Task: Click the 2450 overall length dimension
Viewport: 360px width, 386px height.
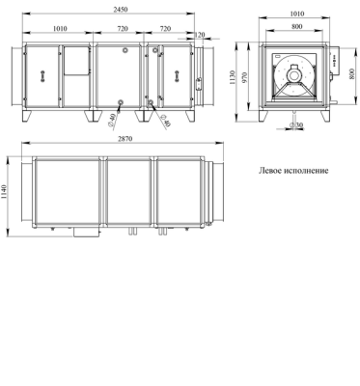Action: tap(121, 10)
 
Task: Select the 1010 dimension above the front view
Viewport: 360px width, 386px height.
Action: tap(60, 29)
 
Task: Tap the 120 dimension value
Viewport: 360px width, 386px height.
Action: tap(200, 35)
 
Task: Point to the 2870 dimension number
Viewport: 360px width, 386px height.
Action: tap(125, 139)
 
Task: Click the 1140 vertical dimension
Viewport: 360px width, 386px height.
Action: tap(4, 192)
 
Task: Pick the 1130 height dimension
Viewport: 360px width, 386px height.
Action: tap(234, 77)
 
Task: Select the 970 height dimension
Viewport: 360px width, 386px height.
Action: tap(244, 77)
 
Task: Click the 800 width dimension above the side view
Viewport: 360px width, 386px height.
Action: tap(297, 26)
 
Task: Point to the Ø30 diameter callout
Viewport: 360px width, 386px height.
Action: tap(296, 124)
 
